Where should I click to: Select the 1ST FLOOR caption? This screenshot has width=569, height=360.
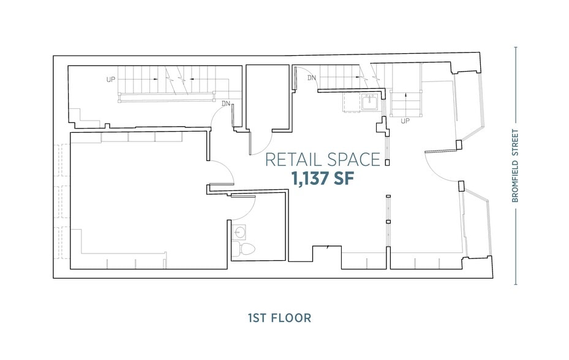279,318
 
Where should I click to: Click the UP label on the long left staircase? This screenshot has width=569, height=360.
110,80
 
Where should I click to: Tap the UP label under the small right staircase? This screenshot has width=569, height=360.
405,121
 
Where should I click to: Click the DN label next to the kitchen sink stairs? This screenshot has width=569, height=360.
311,78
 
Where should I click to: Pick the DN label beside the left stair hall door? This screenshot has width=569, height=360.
226,103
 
